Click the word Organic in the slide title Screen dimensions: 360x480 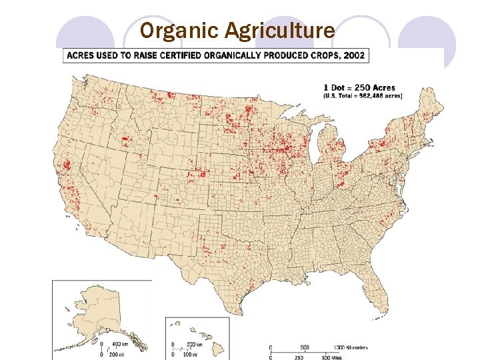tap(179, 31)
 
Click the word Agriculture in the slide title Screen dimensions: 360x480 tap(280, 31)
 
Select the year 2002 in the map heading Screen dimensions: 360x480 tap(351, 56)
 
